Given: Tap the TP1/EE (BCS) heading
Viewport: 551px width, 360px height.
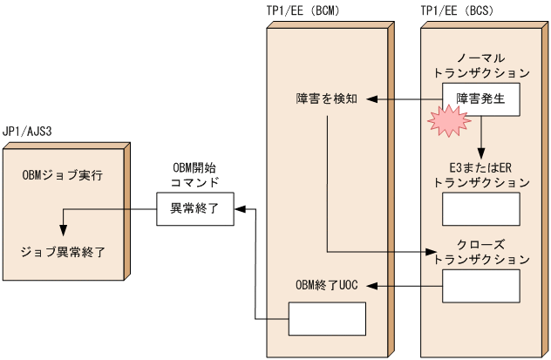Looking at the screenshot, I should (x=462, y=11).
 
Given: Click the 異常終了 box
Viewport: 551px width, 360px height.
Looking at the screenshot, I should (x=195, y=209).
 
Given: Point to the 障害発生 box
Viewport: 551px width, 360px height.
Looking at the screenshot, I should (x=480, y=99).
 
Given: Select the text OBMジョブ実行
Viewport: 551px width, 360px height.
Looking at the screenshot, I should (x=63, y=175).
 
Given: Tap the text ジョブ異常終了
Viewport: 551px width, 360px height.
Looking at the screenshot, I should (x=63, y=252).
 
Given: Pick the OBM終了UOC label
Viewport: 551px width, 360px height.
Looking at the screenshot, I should (x=326, y=285).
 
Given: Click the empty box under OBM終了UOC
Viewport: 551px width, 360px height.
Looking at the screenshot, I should (x=326, y=319).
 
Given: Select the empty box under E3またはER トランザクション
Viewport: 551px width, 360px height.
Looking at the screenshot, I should (x=480, y=209).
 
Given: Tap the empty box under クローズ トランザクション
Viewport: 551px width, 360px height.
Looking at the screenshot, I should (x=480, y=285).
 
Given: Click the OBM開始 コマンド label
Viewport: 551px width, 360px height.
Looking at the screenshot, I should (x=195, y=174).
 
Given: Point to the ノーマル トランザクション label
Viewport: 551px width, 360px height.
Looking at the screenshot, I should (x=480, y=65).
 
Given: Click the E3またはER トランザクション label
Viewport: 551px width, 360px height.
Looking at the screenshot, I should (x=480, y=175).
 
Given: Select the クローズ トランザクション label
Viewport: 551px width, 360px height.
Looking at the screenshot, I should (x=480, y=252).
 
